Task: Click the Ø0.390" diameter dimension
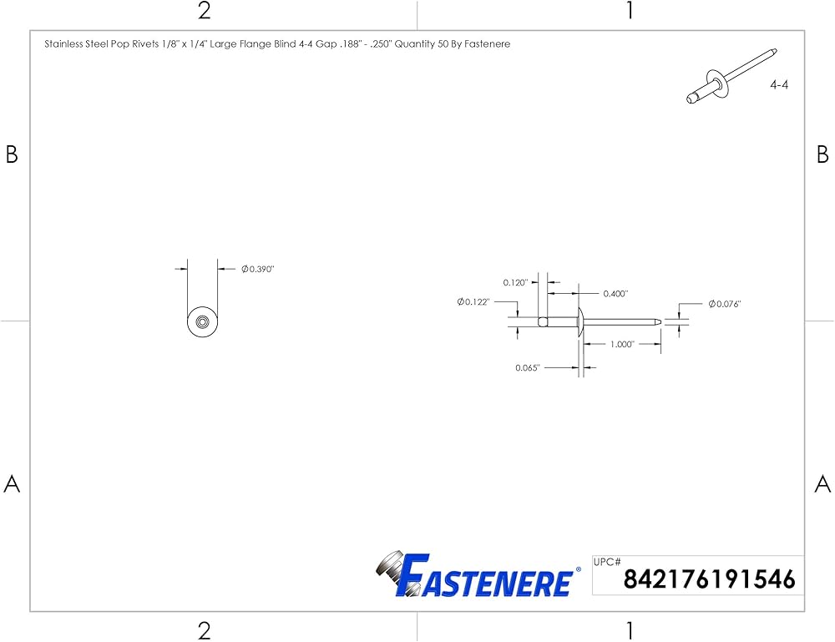coord(258,270)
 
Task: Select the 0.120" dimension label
coord(515,283)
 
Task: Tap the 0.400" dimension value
coord(615,294)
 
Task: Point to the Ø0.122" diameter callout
coord(473,302)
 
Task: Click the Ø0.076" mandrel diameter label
coord(725,304)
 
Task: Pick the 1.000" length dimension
coord(622,345)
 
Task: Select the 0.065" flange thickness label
coord(528,368)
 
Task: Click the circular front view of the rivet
coord(203,322)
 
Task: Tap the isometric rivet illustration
coord(731,76)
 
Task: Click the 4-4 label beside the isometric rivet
coord(779,84)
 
